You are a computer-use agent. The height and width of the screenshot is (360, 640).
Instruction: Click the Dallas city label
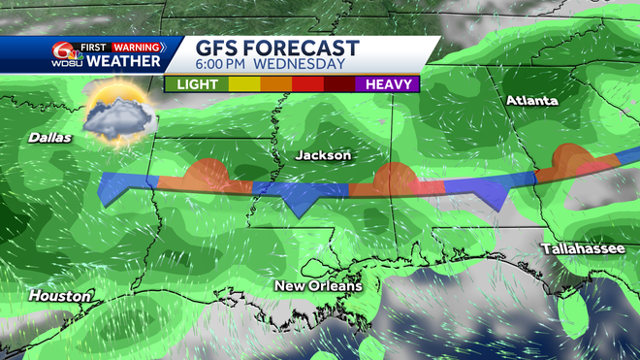[50, 138]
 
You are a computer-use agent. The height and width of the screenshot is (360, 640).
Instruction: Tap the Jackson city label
[323, 155]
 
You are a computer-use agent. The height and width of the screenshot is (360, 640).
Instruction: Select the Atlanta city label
[531, 101]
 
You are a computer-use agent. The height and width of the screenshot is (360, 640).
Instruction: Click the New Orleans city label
[318, 285]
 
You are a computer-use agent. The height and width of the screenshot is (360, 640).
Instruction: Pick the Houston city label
[60, 295]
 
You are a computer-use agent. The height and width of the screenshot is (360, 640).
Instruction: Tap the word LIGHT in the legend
[197, 84]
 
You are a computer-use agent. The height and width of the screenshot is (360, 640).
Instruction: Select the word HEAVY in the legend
[386, 84]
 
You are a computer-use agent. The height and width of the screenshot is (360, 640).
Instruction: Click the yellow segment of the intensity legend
[243, 84]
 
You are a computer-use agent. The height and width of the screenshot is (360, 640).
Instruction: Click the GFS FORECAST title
[277, 49]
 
